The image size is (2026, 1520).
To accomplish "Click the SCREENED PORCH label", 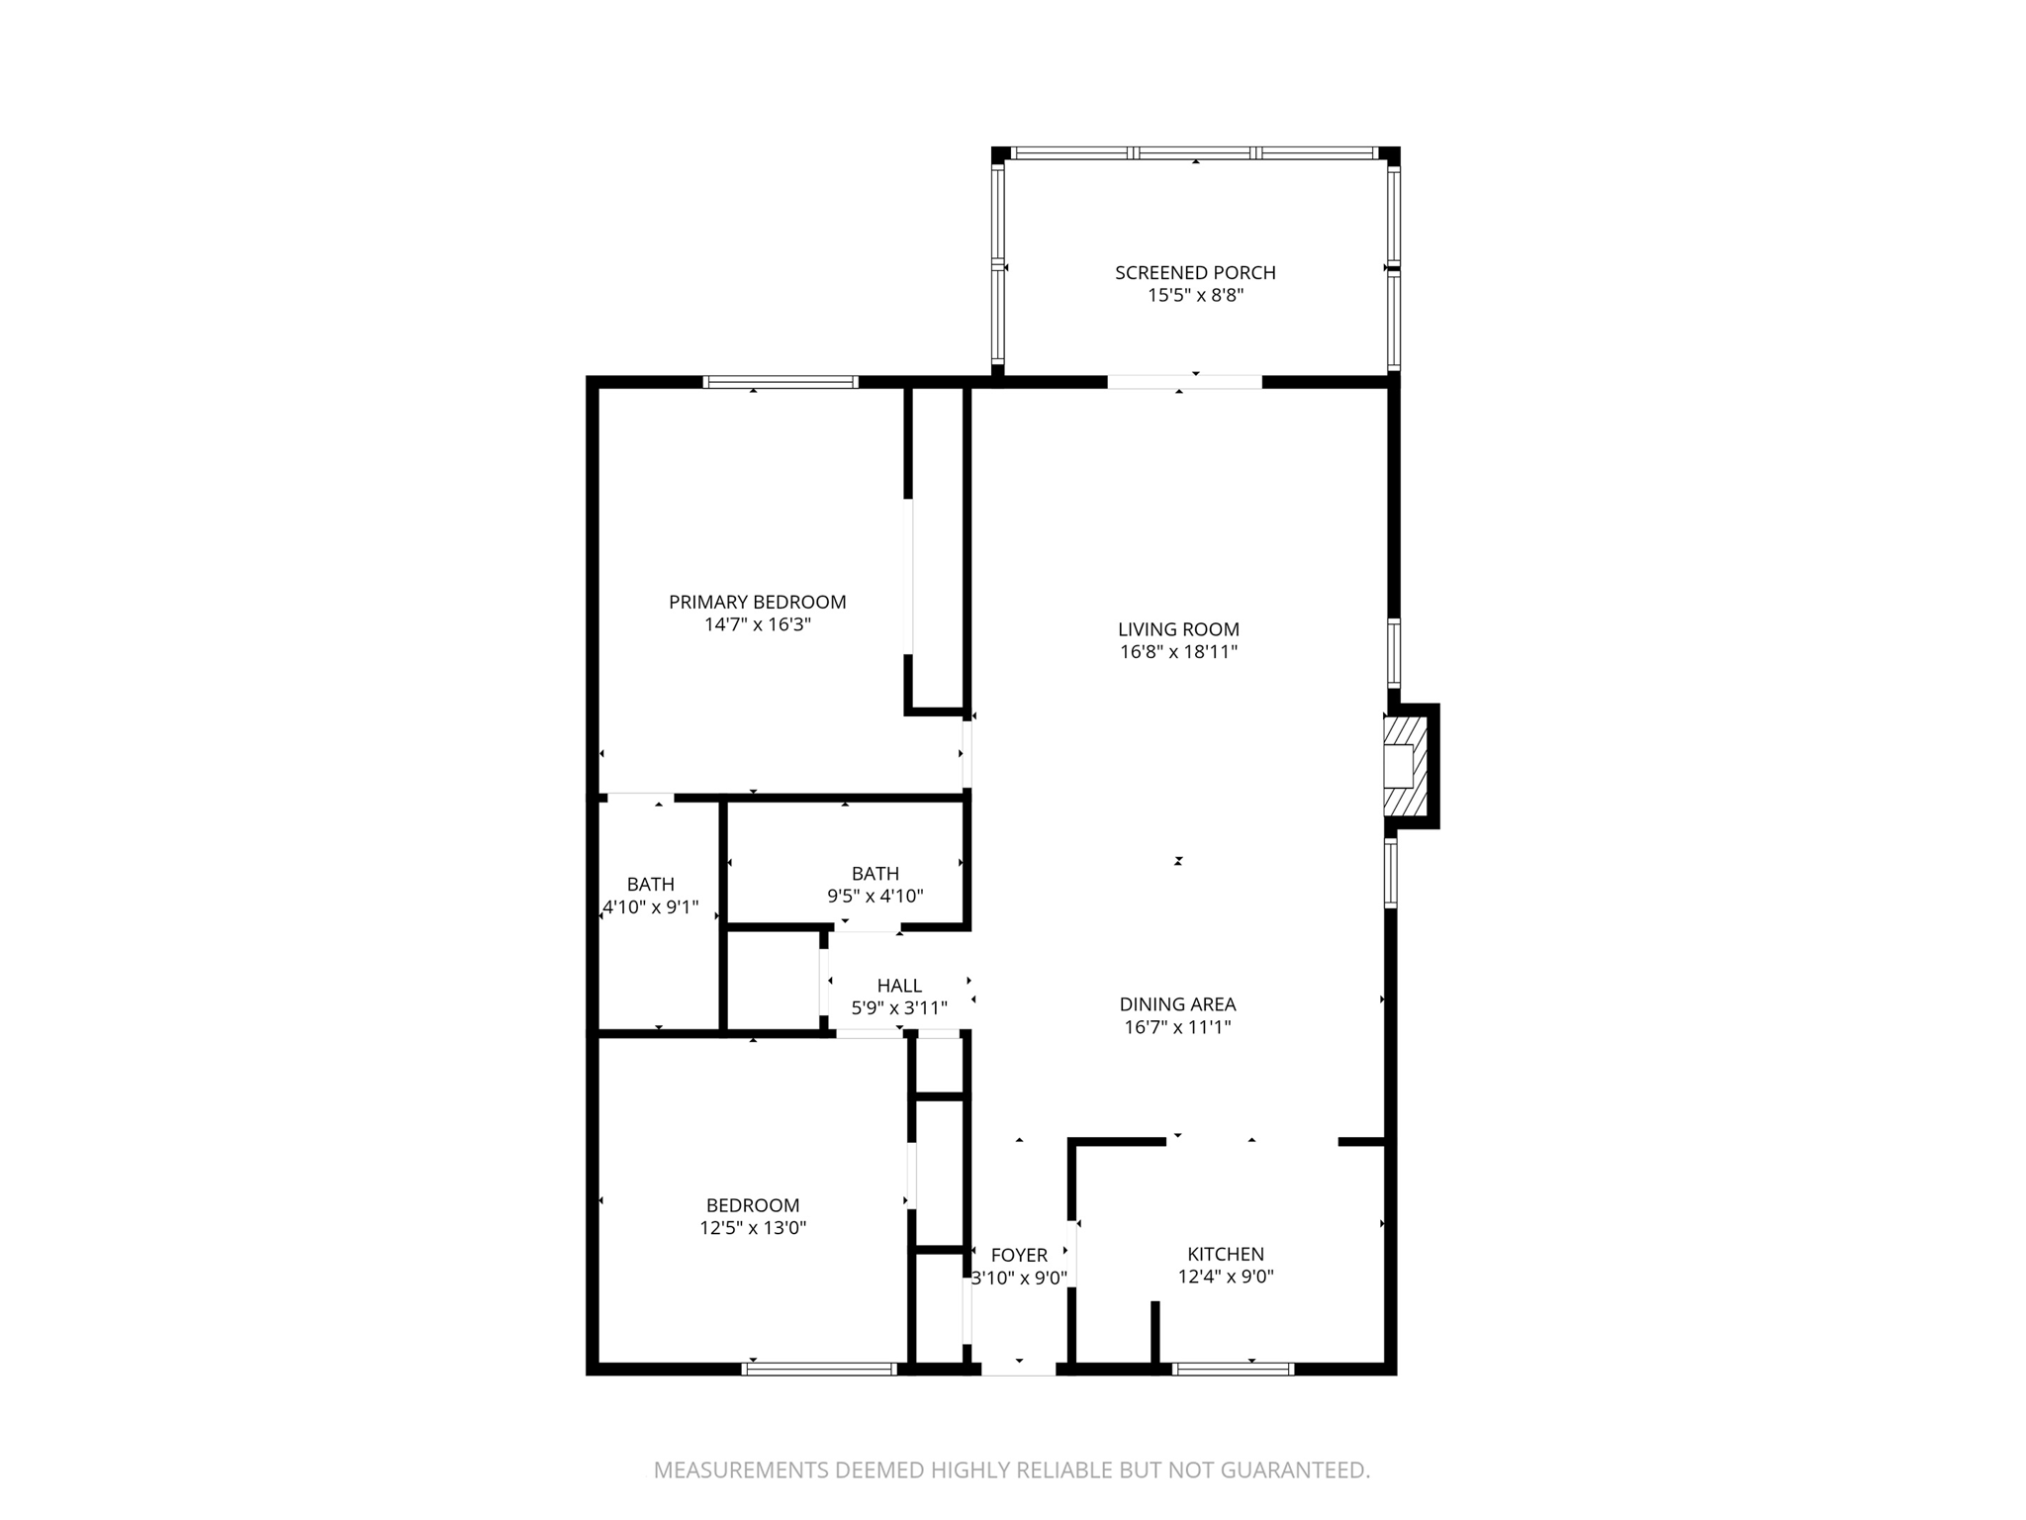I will pyautogui.click(x=1195, y=272).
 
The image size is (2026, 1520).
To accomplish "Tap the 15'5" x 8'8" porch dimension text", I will pyautogui.click(x=1195, y=295).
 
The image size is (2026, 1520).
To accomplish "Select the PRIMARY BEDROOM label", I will pyautogui.click(x=757, y=602).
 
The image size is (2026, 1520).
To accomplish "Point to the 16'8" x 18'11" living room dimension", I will pyautogui.click(x=1178, y=652).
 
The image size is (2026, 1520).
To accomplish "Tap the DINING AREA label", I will pyautogui.click(x=1177, y=1004).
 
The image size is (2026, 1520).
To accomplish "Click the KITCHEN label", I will pyautogui.click(x=1226, y=1254).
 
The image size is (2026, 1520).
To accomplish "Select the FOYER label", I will pyautogui.click(x=1019, y=1255).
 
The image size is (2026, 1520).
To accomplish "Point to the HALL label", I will pyautogui.click(x=899, y=986).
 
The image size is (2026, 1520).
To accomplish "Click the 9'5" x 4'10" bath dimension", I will pyautogui.click(x=875, y=897).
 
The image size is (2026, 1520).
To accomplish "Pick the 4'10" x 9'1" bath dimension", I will pyautogui.click(x=651, y=906).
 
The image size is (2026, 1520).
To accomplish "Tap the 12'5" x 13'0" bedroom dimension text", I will pyautogui.click(x=753, y=1228).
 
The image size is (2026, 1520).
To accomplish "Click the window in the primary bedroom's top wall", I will pyautogui.click(x=781, y=382).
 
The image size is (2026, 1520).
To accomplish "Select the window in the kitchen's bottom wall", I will pyautogui.click(x=1233, y=1370).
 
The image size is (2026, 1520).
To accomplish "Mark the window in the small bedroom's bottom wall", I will pyautogui.click(x=819, y=1370).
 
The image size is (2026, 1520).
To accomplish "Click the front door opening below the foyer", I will pyautogui.click(x=1019, y=1369).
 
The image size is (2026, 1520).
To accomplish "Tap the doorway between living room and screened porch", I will pyautogui.click(x=1184, y=382).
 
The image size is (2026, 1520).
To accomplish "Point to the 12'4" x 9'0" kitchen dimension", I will pyautogui.click(x=1226, y=1277).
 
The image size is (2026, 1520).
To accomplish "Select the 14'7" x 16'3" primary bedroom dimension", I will pyautogui.click(x=757, y=624).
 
